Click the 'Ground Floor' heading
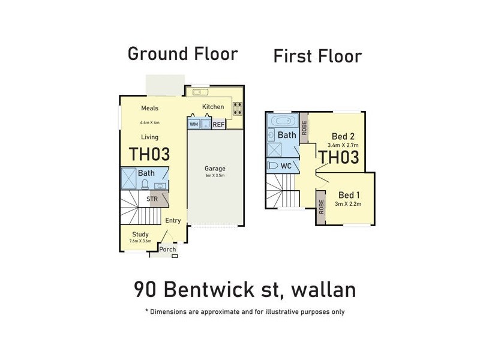point(182,54)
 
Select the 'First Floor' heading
point(317,56)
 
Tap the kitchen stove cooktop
point(237,109)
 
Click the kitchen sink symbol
point(200,92)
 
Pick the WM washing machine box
point(194,124)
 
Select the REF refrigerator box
point(218,124)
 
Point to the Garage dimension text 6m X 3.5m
point(214,176)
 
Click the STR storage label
point(152,199)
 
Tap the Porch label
point(167,250)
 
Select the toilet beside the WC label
point(274,165)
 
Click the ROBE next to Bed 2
point(304,127)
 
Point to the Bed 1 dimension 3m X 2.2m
point(347,205)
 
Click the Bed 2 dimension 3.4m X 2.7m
point(342,145)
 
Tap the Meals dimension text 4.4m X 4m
point(149,122)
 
